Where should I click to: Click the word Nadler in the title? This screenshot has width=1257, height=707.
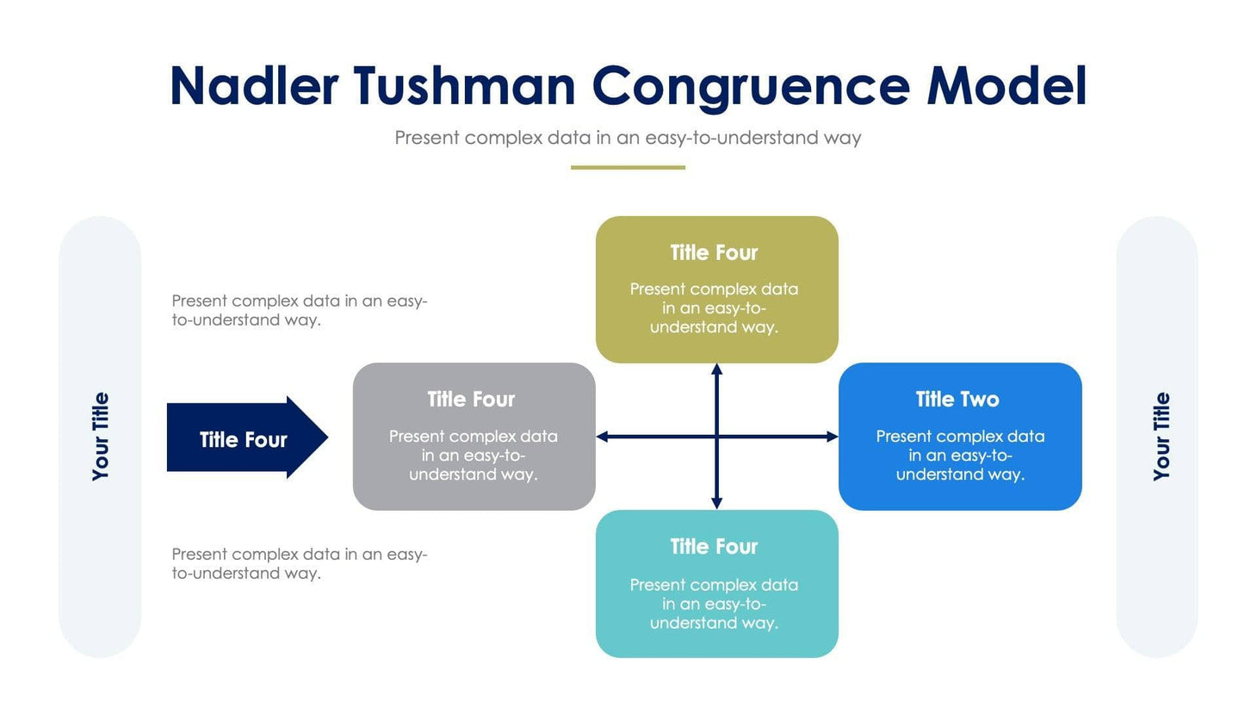click(254, 86)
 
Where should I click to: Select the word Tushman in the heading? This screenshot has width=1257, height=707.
click(464, 86)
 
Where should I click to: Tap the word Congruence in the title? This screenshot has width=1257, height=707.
click(750, 88)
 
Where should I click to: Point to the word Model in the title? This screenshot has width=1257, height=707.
click(1006, 86)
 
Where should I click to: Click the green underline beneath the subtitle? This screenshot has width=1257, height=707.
click(628, 167)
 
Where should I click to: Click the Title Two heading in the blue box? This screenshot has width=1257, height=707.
click(957, 400)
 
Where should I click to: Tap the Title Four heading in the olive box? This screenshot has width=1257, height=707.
click(714, 253)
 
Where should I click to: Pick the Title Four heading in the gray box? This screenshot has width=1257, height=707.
click(471, 400)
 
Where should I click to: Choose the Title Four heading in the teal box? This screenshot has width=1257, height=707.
click(714, 547)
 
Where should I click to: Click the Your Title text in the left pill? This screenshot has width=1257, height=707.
click(101, 437)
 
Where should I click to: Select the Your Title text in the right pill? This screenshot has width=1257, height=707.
click(1161, 437)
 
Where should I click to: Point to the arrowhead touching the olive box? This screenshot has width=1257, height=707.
click(716, 369)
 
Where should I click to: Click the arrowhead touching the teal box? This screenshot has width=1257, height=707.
click(716, 503)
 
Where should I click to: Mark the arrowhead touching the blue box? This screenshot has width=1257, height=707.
click(832, 437)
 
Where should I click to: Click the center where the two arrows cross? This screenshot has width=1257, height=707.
click(716, 437)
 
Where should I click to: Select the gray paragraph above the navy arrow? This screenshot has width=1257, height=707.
click(299, 310)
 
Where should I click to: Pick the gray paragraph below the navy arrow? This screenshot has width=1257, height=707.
click(299, 563)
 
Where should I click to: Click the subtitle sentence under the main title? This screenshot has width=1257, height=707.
click(628, 138)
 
